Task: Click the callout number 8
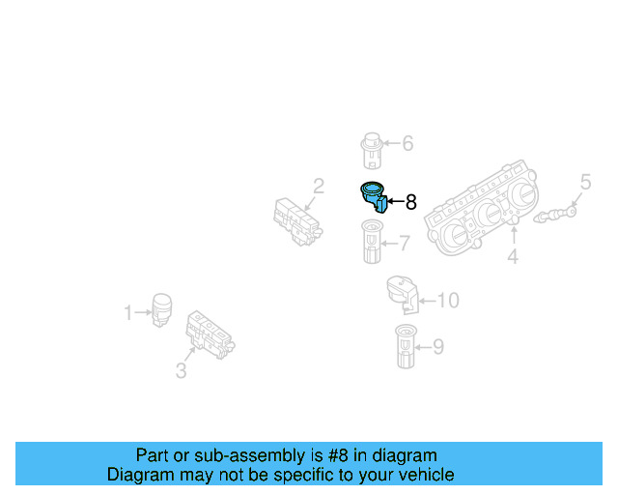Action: [x=410, y=202]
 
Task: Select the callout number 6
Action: [x=407, y=143]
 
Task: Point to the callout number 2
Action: [x=317, y=186]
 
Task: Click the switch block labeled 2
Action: [x=296, y=220]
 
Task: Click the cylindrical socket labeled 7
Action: [x=370, y=242]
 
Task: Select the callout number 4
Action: [x=513, y=256]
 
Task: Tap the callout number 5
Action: [x=585, y=181]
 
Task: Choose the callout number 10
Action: [x=448, y=301]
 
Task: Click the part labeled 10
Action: [x=401, y=294]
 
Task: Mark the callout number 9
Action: [x=437, y=345]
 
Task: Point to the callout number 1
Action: [x=127, y=312]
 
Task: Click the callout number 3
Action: [x=181, y=370]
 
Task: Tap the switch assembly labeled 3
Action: [x=211, y=334]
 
